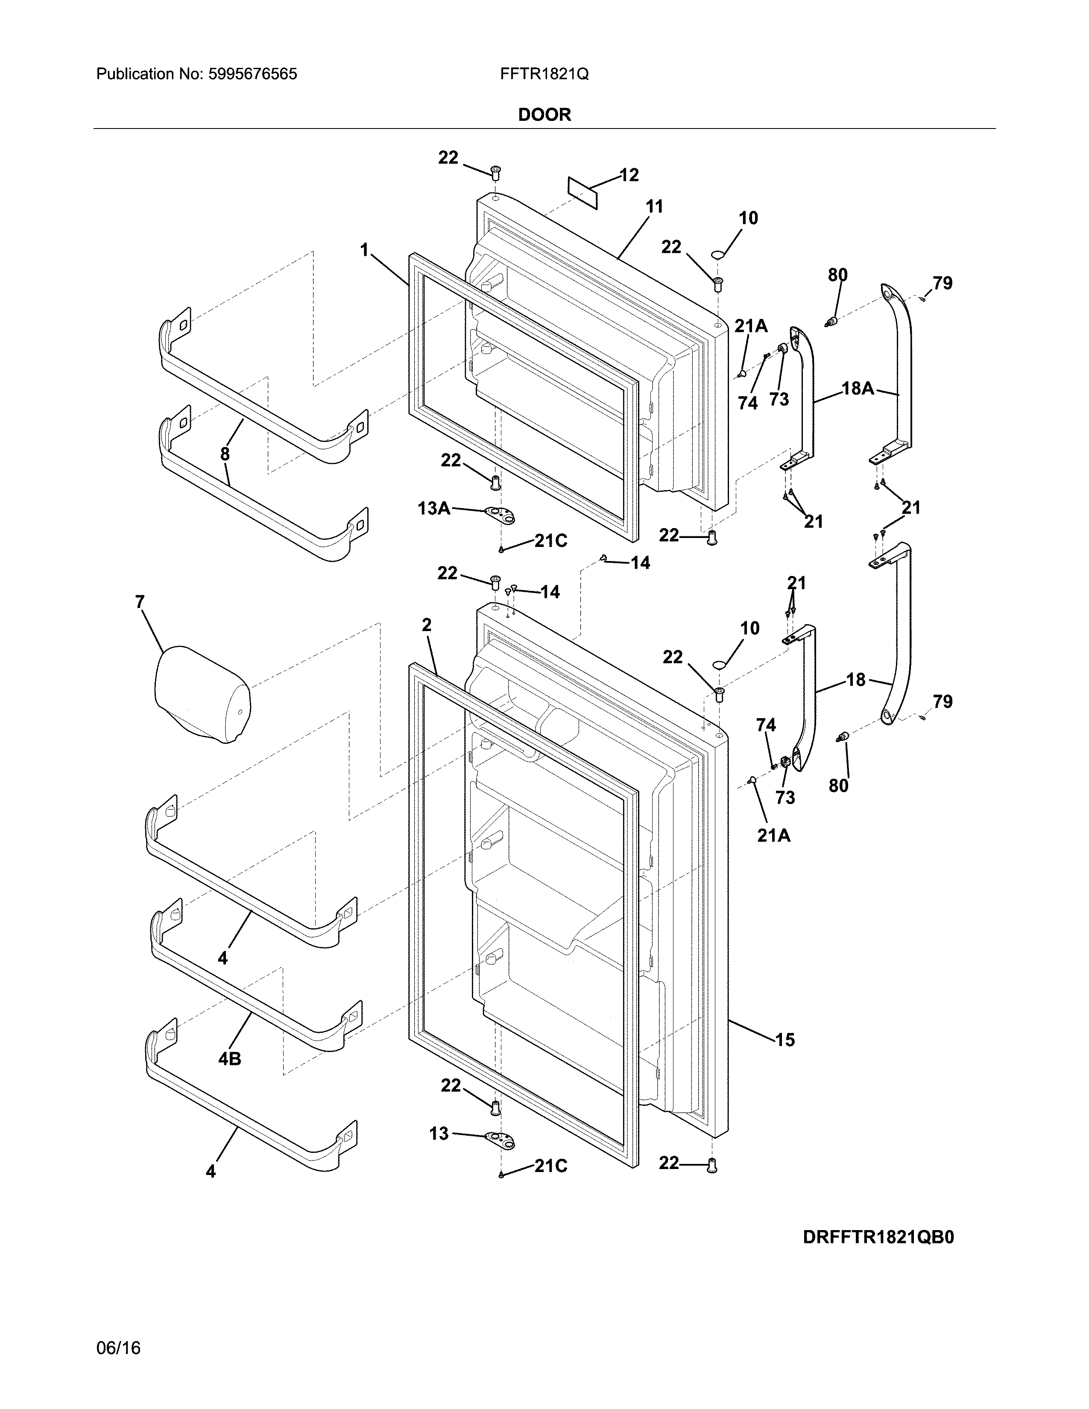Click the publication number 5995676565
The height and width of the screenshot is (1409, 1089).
pos(252,74)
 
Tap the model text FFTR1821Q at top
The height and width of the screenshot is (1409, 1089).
pos(544,74)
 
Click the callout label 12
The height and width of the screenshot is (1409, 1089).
pos(629,175)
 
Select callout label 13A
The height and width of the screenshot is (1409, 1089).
pos(433,509)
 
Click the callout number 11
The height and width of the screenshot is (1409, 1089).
pos(654,207)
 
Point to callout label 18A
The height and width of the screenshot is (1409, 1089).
pos(858,389)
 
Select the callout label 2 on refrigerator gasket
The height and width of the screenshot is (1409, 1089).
pos(427,625)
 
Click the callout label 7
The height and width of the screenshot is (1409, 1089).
pos(139,602)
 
